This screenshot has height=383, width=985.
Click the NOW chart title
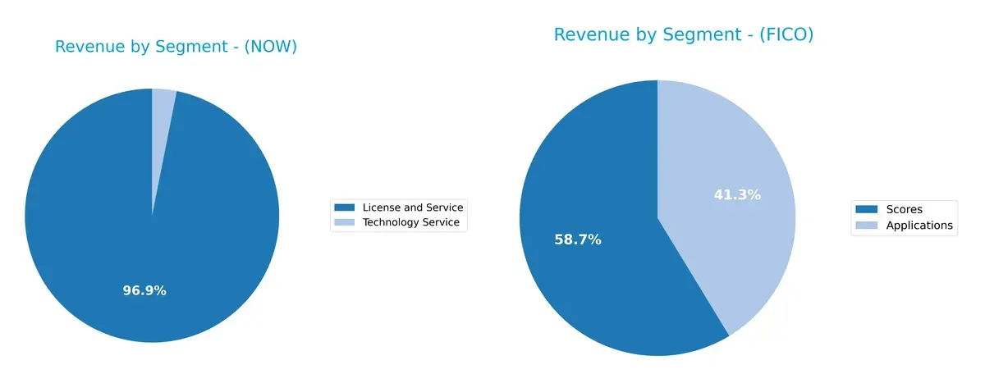point(176,48)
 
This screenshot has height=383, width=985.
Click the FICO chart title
point(683,35)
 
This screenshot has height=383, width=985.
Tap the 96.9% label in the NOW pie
point(144,290)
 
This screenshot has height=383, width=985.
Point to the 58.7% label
point(578,239)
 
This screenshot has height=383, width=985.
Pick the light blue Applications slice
point(722,164)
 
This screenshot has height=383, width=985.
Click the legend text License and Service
point(413,207)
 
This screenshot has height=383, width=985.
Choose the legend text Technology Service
point(411,222)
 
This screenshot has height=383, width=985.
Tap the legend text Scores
point(904,210)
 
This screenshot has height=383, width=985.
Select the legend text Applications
point(919,226)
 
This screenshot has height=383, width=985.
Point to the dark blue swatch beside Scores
point(867,210)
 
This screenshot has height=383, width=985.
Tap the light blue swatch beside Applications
point(867,226)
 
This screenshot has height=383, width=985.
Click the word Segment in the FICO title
point(698,35)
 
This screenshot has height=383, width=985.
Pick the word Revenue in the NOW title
point(86,48)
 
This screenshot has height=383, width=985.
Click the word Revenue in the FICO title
point(589,35)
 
